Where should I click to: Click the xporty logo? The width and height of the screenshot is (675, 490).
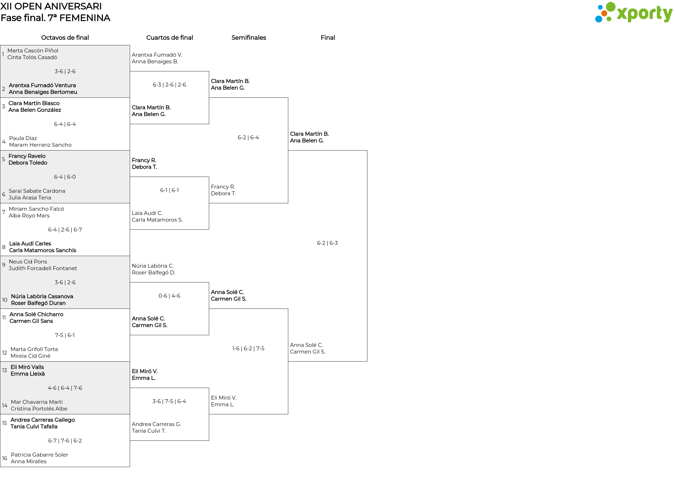pos(634,13)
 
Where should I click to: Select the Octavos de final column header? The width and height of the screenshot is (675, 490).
pos(65,38)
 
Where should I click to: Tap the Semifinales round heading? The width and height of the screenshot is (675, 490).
pos(249,38)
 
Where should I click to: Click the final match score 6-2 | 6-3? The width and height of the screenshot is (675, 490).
pos(327,243)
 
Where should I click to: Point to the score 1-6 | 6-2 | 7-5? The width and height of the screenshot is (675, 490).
pos(248,349)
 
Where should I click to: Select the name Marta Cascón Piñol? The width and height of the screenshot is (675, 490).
pos(33,51)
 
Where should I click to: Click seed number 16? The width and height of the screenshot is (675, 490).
pos(5,458)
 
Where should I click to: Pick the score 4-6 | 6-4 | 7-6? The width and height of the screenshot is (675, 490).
pos(65,388)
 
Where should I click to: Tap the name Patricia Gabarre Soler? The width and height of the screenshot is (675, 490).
pos(39,455)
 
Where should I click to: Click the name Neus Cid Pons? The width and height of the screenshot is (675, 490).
pos(28,262)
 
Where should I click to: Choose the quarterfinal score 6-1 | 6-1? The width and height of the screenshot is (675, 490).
pos(169,190)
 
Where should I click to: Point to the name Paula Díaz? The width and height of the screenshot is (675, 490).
pos(23,138)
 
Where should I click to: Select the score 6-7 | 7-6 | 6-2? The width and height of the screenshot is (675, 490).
pos(65,441)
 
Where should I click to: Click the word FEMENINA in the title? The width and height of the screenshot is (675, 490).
pos(85,18)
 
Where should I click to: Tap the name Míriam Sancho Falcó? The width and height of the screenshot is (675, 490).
pos(36,209)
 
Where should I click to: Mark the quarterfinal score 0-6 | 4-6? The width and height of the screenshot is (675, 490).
pos(169,296)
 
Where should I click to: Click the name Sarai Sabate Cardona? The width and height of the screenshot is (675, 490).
pos(37,191)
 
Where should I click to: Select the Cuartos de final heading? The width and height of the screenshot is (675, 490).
pos(169,38)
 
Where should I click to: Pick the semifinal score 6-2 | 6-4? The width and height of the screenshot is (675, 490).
pos(248,138)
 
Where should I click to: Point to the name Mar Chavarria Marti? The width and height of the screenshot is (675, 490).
pos(37,402)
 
